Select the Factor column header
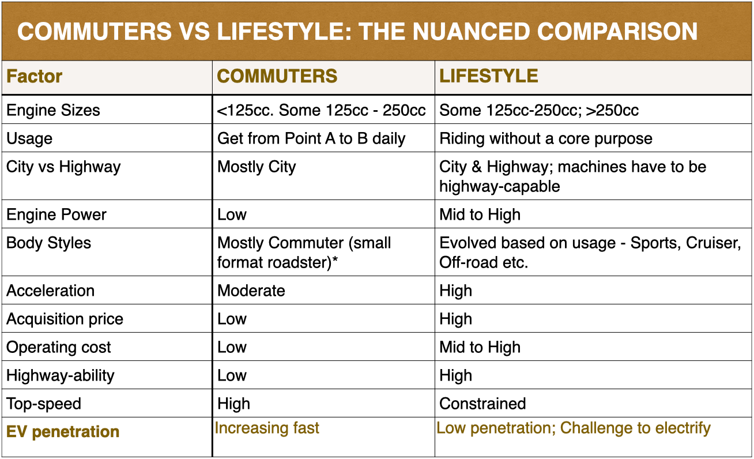[x=35, y=76]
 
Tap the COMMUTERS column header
[x=277, y=76]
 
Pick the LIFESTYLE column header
[x=488, y=76]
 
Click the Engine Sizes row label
[x=53, y=110]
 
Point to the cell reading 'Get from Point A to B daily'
[x=311, y=138]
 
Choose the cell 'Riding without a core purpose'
[x=546, y=138]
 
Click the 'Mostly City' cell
[x=257, y=167]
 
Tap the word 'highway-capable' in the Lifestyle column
[x=500, y=186]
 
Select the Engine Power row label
[x=56, y=215]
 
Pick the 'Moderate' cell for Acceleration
[x=251, y=291]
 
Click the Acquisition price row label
[x=65, y=319]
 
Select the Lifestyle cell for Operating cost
[x=480, y=347]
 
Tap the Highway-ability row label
[x=61, y=375]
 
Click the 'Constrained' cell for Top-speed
[x=482, y=404]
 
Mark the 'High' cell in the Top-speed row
[x=233, y=404]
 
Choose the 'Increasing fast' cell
[x=267, y=428]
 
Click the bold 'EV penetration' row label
[x=63, y=432]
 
